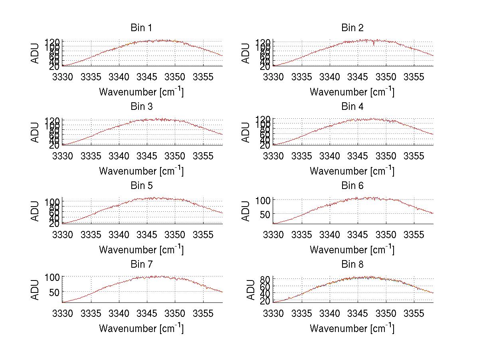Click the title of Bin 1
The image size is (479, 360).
tap(141, 28)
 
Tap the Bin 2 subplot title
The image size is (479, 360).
tap(352, 28)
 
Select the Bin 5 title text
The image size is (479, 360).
tap(141, 185)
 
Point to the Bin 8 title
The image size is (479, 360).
tap(352, 264)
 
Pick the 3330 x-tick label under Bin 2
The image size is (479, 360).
tap(273, 77)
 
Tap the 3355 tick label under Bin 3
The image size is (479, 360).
tap(204, 156)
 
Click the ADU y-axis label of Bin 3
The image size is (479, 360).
tap(36, 132)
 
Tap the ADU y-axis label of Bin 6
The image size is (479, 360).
tap(246, 211)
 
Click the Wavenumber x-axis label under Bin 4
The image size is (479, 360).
tap(352, 171)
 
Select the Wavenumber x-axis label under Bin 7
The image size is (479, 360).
tap(141, 328)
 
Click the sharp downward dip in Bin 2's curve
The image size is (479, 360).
tap(374, 44)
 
